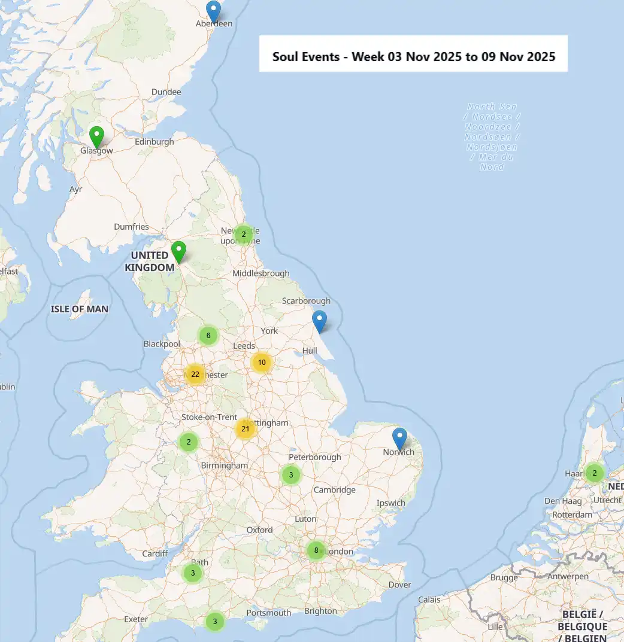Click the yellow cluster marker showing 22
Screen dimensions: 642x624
coord(195,375)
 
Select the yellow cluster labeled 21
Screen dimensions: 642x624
coord(245,428)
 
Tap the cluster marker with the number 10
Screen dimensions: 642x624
coord(261,362)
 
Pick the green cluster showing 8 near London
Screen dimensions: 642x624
coord(316,550)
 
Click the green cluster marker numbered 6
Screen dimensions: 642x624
coord(208,336)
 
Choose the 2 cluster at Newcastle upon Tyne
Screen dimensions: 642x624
coord(243,234)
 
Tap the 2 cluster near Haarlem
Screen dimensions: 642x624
coord(594,473)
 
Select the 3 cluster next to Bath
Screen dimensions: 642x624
coord(192,573)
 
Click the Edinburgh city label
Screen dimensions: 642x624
coord(154,142)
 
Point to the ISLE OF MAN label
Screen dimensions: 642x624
coord(80,309)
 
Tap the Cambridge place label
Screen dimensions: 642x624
coord(335,490)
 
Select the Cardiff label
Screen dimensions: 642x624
coord(155,553)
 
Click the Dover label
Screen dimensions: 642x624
coord(399,585)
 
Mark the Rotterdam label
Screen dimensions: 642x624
coord(572,515)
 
